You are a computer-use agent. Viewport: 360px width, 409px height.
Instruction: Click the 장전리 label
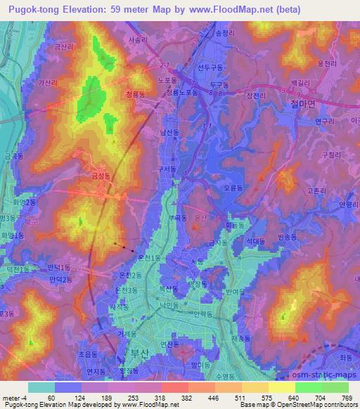(255, 96)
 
